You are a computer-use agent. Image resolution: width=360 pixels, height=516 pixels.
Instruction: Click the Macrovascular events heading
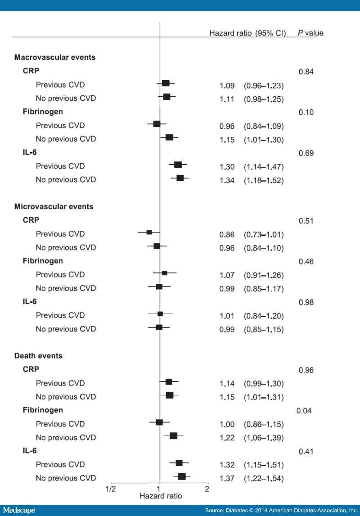pyautogui.click(x=54, y=58)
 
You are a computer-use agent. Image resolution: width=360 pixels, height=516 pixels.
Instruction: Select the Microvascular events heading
pyautogui.click(x=54, y=207)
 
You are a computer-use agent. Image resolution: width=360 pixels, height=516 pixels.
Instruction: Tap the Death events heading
pyautogui.click(x=38, y=356)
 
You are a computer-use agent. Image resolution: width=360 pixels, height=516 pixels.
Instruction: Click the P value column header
pyautogui.click(x=310, y=33)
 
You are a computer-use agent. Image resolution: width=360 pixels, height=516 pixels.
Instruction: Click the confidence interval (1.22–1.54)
pyautogui.click(x=263, y=478)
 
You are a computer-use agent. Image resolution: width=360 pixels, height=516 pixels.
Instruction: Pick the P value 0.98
pyautogui.click(x=306, y=302)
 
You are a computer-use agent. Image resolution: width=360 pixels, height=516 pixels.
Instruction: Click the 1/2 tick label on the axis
pyautogui.click(x=110, y=489)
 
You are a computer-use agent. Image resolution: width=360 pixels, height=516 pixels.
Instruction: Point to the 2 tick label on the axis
pyautogui.click(x=207, y=489)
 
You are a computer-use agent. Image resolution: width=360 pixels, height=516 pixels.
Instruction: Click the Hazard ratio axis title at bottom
pyautogui.click(x=161, y=497)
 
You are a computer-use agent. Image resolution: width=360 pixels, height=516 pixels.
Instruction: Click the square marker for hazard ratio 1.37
pyautogui.click(x=182, y=476)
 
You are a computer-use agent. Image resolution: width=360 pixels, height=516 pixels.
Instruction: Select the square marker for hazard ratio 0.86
pyautogui.click(x=149, y=232)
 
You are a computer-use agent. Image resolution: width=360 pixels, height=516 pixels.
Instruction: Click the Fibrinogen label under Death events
pyautogui.click(x=42, y=410)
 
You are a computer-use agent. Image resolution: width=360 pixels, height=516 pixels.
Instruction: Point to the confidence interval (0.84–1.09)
pyautogui.click(x=263, y=126)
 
